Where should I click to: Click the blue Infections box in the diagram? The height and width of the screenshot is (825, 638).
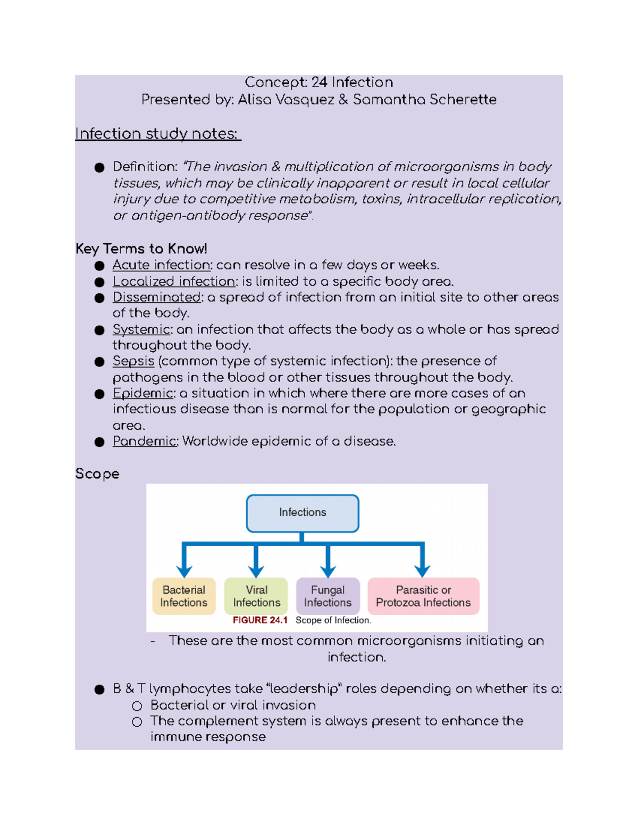(303, 513)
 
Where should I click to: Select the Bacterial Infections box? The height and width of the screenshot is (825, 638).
(184, 596)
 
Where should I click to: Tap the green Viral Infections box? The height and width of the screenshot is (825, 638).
(256, 596)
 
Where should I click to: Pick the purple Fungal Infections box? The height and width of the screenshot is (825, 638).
(328, 596)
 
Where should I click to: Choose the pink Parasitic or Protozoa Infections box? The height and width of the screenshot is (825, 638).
(423, 596)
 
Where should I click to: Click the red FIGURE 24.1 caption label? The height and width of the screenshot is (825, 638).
(260, 620)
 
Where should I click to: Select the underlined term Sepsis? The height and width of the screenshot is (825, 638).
(133, 361)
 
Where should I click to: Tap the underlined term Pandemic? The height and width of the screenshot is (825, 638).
(144, 441)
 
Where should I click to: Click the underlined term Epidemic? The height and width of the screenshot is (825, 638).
(142, 394)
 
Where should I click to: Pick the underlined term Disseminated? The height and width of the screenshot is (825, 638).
(157, 297)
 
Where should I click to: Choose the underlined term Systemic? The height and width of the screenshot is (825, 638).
(141, 329)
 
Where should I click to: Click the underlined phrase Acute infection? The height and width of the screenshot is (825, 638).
(162, 265)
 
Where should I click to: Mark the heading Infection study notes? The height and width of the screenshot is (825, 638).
(157, 134)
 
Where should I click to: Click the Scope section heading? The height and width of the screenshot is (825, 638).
(97, 474)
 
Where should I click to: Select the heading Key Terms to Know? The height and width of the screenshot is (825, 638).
(141, 249)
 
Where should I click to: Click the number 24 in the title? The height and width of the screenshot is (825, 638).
(319, 82)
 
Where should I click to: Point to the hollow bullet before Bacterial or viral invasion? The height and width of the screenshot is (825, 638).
(137, 706)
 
